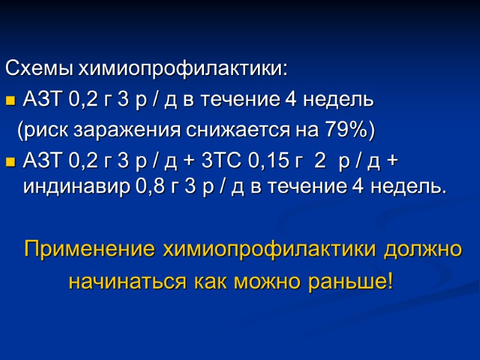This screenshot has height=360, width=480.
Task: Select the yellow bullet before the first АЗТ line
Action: point(10,101)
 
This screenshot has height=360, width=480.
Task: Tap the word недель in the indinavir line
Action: point(407,188)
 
